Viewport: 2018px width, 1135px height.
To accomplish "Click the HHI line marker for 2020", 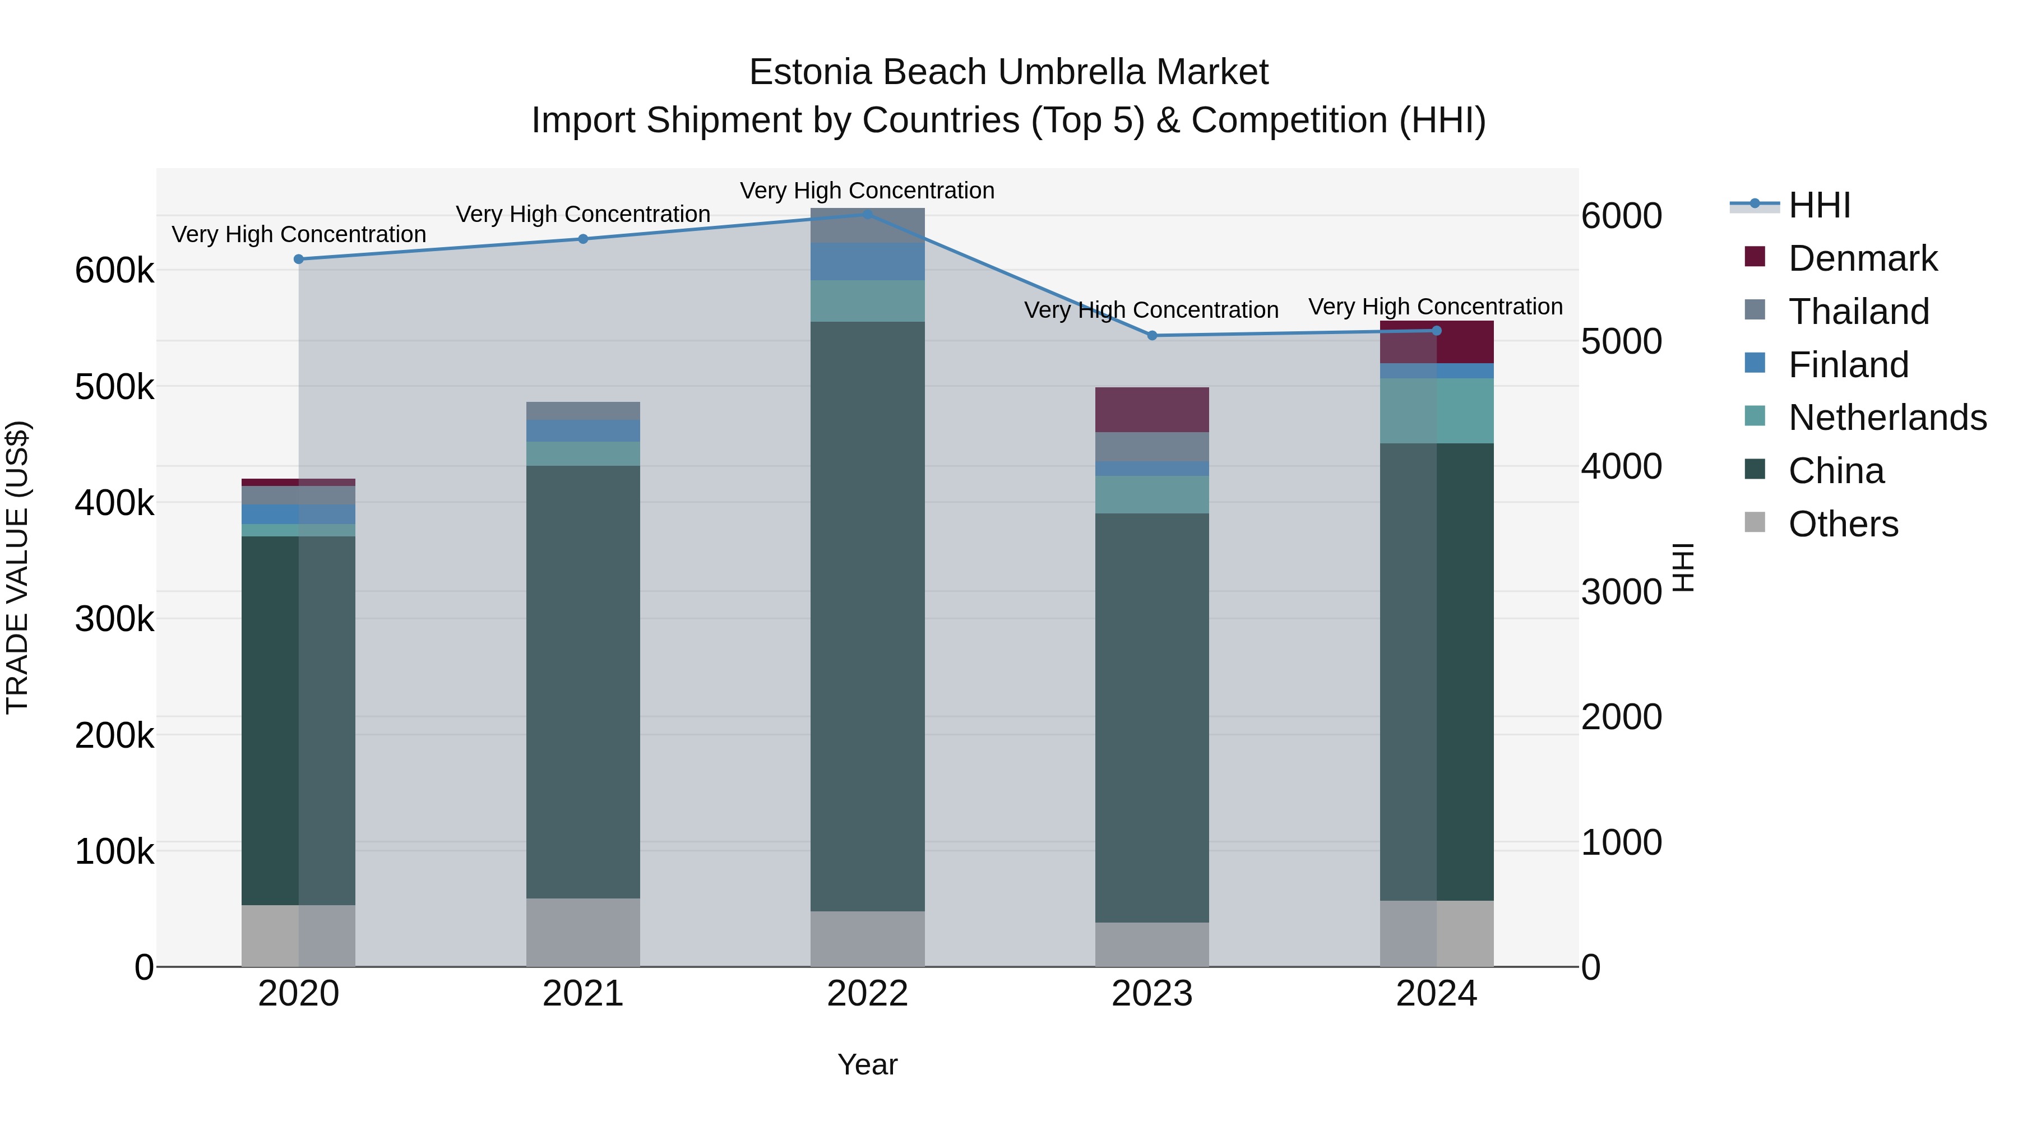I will (298, 260).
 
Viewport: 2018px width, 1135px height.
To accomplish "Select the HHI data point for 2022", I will (867, 215).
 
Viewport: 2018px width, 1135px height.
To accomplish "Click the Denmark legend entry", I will (1862, 258).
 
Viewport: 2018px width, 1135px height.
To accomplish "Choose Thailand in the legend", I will (1858, 312).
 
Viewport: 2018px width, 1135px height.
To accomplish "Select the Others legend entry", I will (1843, 524).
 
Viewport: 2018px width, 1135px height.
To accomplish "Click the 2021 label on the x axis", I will (583, 994).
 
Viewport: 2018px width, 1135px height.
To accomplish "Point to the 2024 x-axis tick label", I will (1436, 994).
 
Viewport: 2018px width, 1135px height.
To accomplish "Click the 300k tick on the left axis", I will (114, 619).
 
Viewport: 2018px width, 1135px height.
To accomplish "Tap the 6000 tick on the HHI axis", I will (1621, 216).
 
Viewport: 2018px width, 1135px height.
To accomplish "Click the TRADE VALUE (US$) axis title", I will (17, 567).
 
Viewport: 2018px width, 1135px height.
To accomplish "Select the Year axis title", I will (867, 1064).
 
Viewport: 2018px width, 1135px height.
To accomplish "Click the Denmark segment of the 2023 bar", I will (1151, 410).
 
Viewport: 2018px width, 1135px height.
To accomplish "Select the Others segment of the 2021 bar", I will (583, 932).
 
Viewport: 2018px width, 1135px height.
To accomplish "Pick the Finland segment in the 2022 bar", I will (867, 262).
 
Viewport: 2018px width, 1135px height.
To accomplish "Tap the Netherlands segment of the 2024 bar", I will (1436, 411).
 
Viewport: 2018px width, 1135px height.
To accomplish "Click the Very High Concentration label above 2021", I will (583, 214).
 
